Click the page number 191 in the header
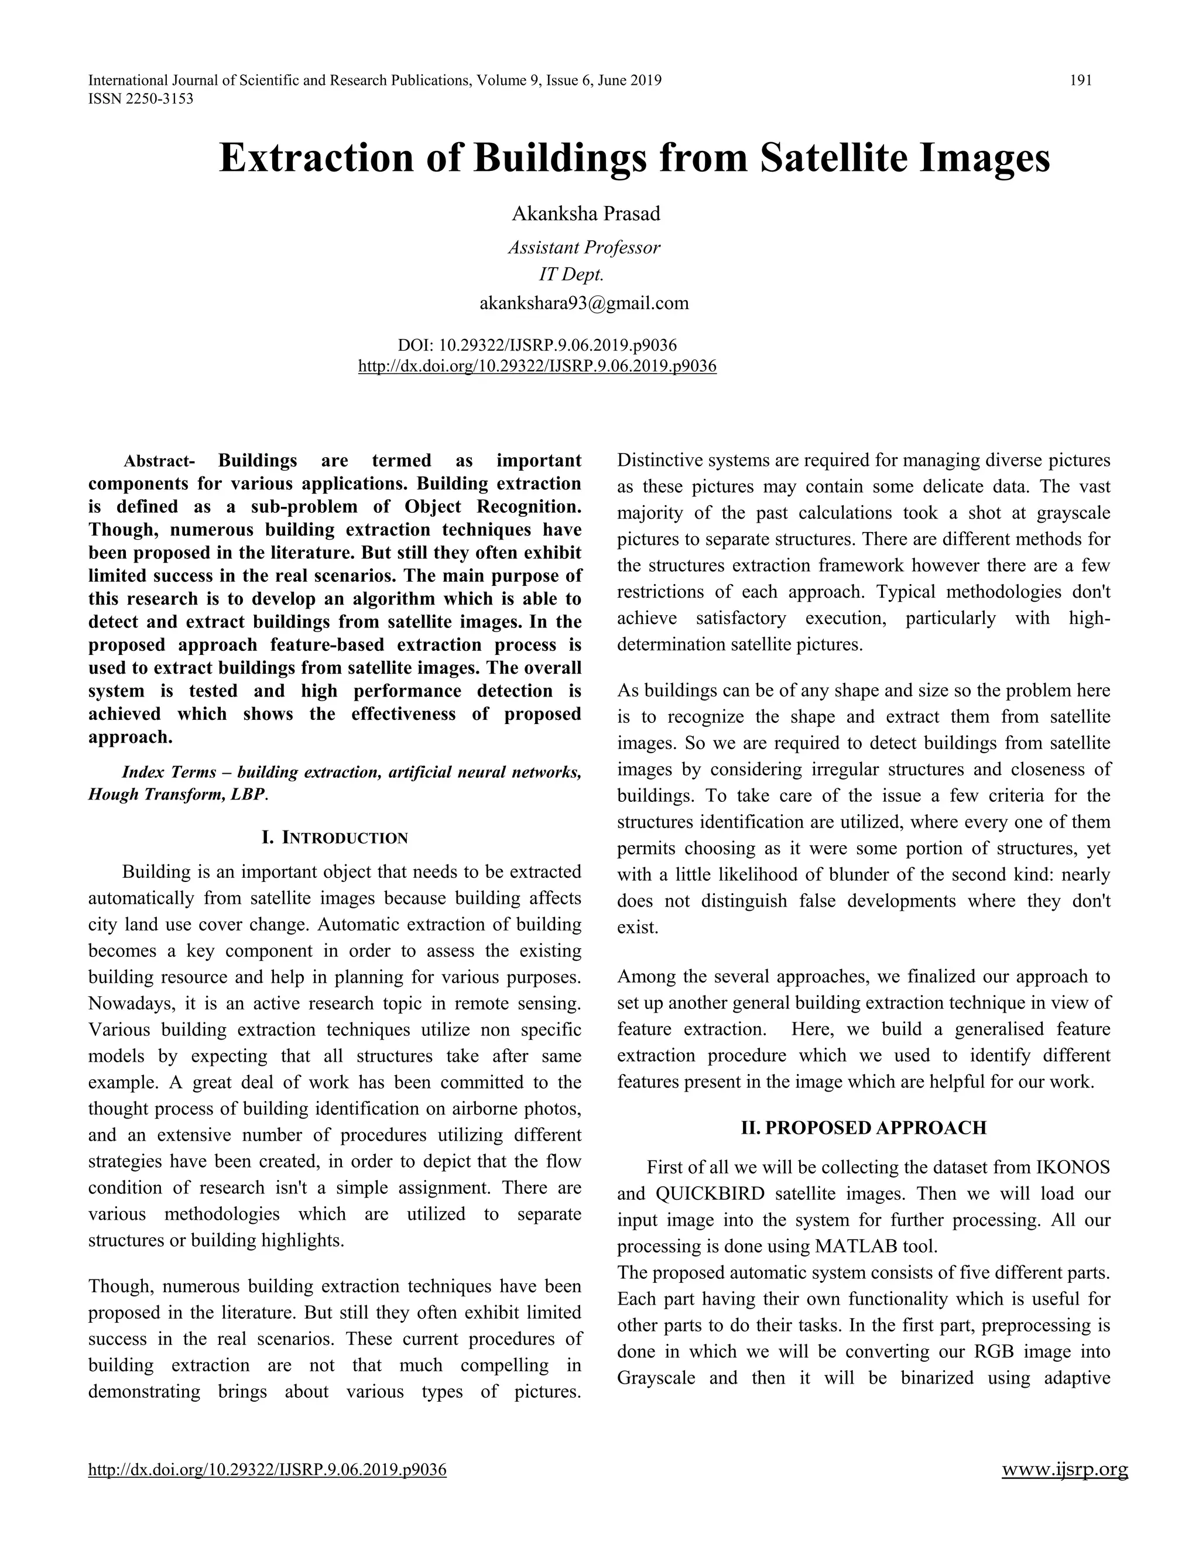coord(1080,80)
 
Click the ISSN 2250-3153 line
coord(140,99)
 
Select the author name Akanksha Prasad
coord(586,213)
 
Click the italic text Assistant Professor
coord(584,247)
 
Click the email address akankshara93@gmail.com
coord(584,303)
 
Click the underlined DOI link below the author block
coord(537,366)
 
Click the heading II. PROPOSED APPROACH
coord(863,1128)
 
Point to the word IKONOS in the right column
coord(1073,1168)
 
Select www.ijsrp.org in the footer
coord(1064,1469)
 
